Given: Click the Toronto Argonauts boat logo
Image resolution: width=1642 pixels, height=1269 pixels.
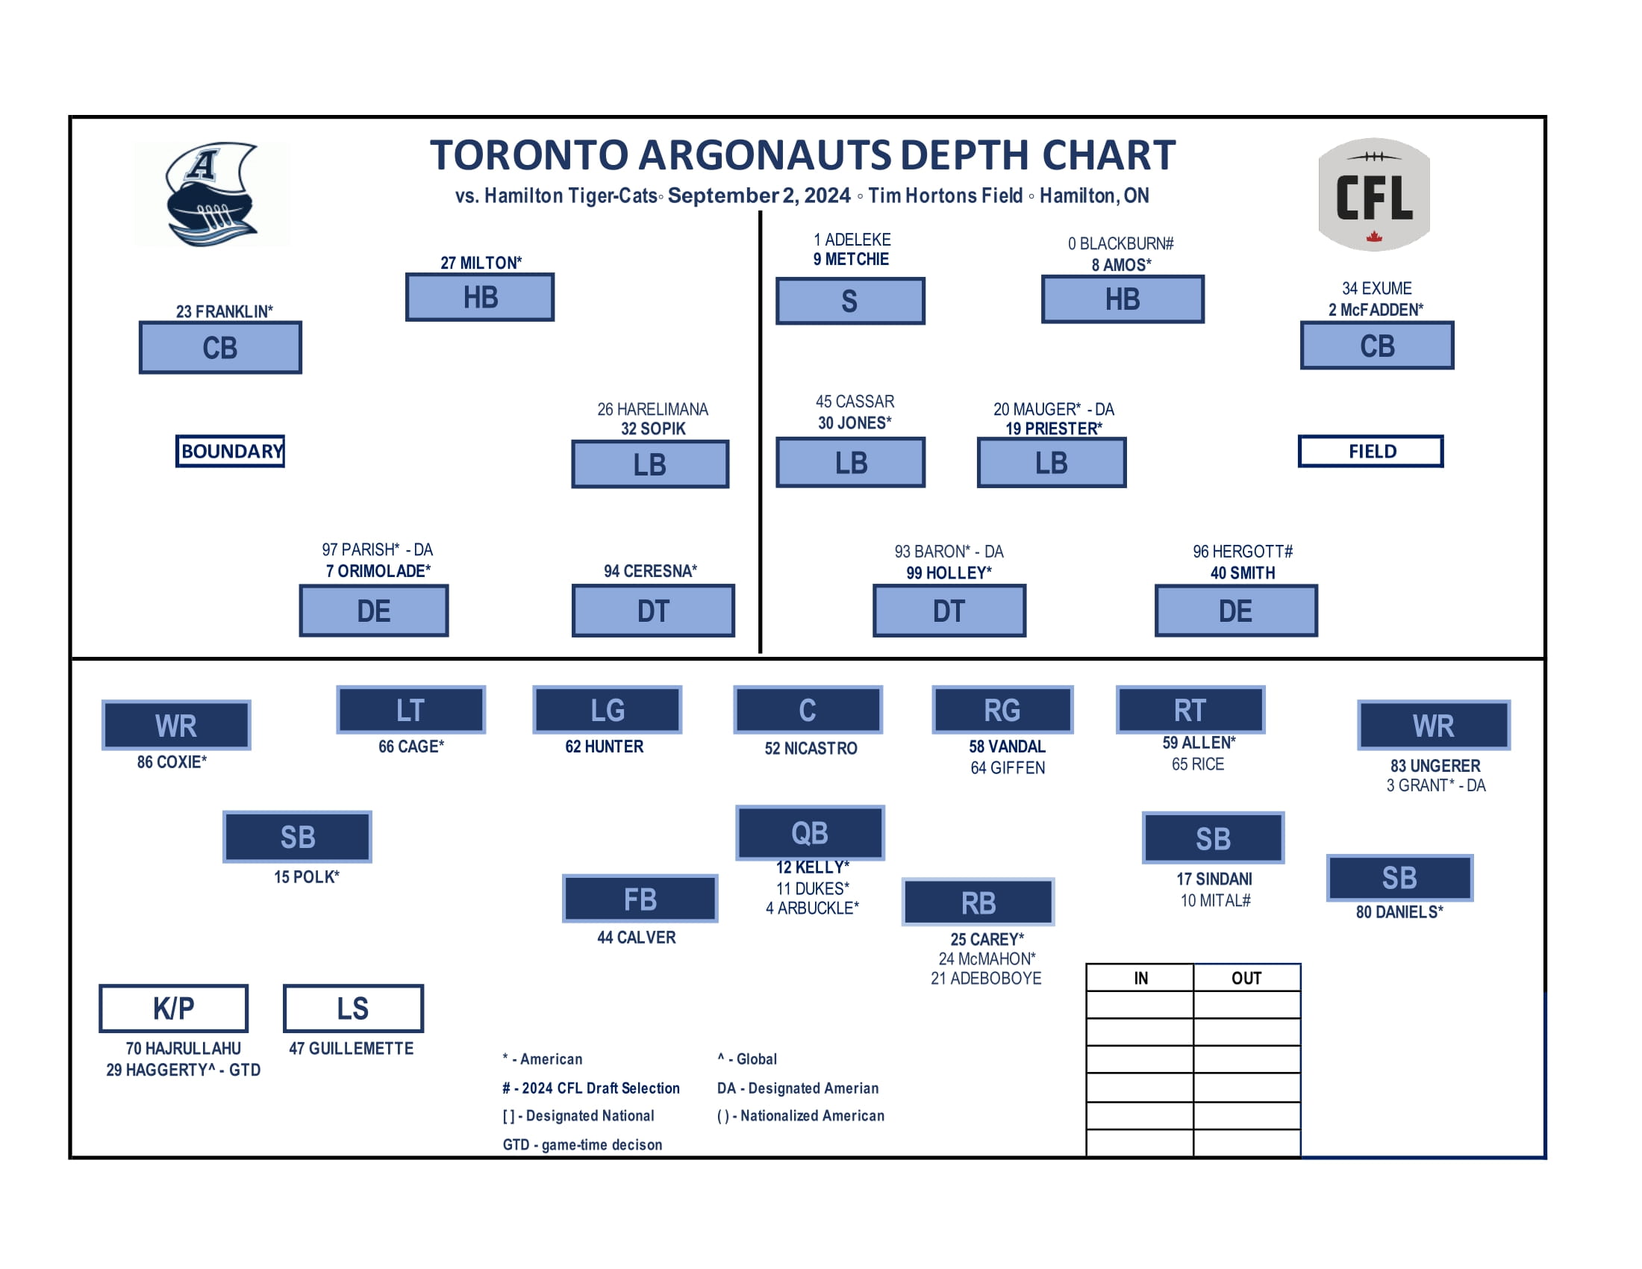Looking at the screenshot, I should pos(211,195).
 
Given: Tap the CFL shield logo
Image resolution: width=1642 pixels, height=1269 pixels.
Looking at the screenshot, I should pos(1373,195).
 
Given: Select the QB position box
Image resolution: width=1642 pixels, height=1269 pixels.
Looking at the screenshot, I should pos(810,833).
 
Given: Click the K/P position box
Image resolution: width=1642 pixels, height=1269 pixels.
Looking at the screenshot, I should pos(174,1008).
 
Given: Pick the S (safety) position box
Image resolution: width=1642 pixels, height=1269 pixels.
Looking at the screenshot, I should pos(849,302).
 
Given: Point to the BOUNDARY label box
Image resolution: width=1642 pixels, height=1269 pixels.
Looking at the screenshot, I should pos(230,451).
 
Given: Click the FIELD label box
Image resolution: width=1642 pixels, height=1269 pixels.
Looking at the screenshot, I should pos(1370,451).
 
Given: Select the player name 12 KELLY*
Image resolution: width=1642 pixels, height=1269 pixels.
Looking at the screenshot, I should pos(812,867).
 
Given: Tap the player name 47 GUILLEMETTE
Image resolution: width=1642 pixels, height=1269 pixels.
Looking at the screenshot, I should pos(351,1049).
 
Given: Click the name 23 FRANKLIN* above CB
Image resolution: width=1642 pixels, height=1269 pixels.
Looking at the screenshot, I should pos(224,311).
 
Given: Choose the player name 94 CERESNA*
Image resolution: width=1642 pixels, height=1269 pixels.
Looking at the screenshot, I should pos(650,571).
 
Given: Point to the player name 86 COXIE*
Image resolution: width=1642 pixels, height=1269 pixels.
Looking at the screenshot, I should pos(172,762).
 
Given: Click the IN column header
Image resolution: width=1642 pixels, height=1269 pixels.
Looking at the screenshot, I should pos(1140,978).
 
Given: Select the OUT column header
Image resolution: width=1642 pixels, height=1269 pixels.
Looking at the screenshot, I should pos(1246,978).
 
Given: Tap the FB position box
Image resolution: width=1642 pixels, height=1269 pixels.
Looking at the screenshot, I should pos(640,899).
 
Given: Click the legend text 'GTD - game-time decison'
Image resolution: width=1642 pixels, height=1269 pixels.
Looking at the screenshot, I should pos(582,1145).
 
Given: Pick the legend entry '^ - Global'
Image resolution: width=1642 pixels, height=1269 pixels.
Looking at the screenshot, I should pos(746,1059).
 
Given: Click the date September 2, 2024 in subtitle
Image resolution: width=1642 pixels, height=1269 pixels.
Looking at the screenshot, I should pos(758,196).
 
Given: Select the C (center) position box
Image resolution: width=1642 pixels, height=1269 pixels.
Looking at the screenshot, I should pos(808,710).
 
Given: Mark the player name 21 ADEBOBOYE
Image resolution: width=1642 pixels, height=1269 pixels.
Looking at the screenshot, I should pos(986,979).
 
